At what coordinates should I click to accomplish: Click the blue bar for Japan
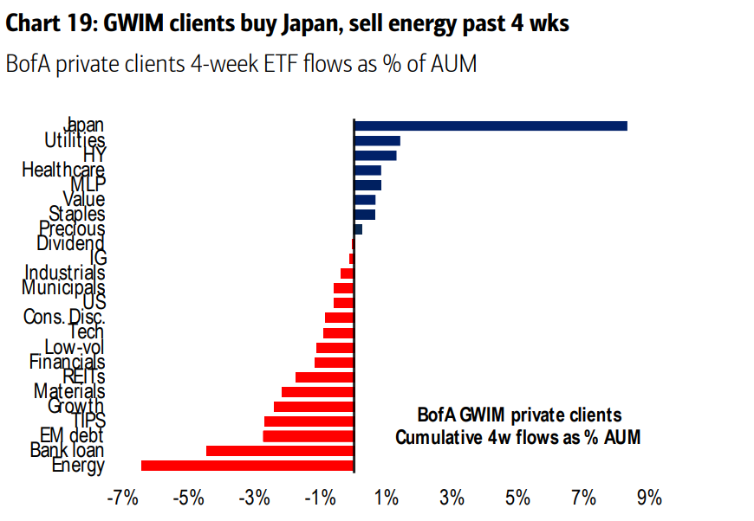490,126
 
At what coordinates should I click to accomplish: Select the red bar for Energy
247,466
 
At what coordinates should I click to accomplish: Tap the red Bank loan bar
279,451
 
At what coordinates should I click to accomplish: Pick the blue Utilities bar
376,140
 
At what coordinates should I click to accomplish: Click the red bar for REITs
324,377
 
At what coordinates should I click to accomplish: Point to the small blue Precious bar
358,229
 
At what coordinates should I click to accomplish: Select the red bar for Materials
317,392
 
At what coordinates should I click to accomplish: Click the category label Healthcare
62,170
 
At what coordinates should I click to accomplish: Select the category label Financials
67,362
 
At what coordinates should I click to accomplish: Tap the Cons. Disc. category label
64,318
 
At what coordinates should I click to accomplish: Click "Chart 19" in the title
49,23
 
